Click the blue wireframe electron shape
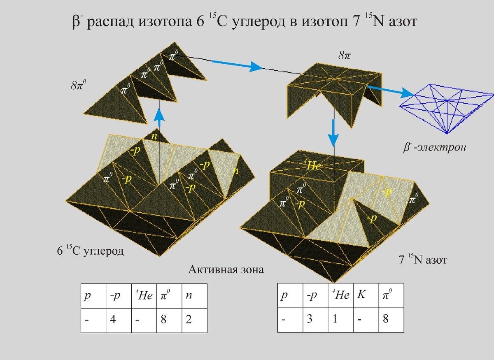click(x=447, y=108)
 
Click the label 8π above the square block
click(x=345, y=55)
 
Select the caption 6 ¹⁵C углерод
click(x=90, y=251)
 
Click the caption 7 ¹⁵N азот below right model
click(x=423, y=260)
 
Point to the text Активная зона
click(x=226, y=270)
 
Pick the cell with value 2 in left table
click(x=194, y=320)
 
